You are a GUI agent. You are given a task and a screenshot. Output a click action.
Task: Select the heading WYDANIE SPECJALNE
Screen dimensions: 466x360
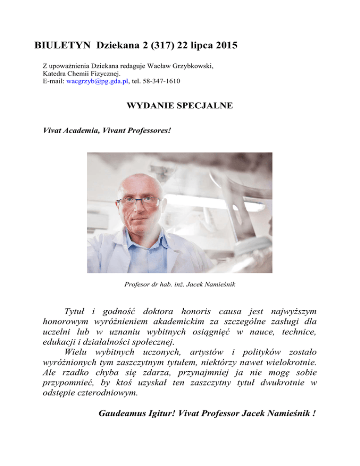pos(180,106)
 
